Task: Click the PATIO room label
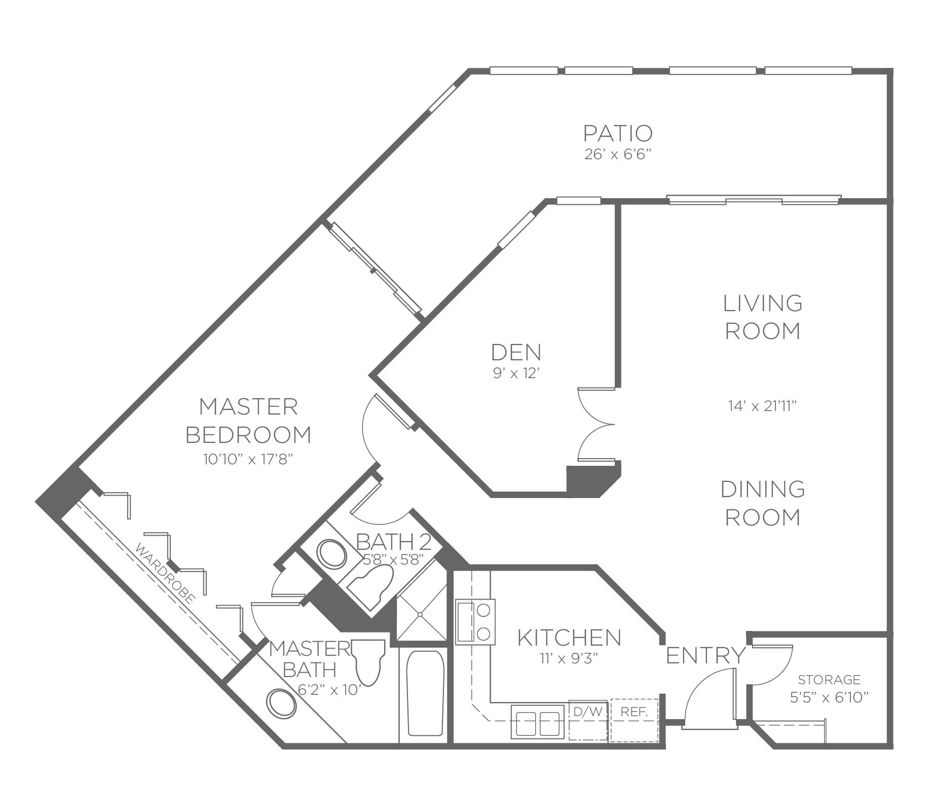tap(618, 133)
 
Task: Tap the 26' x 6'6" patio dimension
tap(617, 155)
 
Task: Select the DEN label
tap(516, 352)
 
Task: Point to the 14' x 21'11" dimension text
tap(762, 406)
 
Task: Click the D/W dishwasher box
tap(588, 720)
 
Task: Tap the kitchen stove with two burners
tap(475, 622)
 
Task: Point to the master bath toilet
tap(368, 661)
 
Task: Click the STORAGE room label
tap(829, 679)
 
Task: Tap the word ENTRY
tap(705, 656)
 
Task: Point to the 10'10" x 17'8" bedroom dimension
tap(248, 459)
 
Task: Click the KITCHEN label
tap(569, 637)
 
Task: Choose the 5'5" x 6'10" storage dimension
tap(830, 698)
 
